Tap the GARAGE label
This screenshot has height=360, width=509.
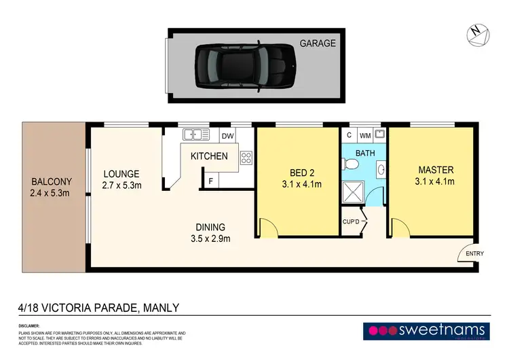coord(318,43)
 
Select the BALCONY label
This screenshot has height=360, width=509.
coord(52,182)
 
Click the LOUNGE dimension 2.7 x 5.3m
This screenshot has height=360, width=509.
coord(121,185)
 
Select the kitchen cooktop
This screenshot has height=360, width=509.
coord(246,158)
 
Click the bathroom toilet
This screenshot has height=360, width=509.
coord(350,165)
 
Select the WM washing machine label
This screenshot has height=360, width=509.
coord(365,135)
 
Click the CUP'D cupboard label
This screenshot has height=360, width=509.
coord(350,221)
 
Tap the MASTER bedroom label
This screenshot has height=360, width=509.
coord(435,169)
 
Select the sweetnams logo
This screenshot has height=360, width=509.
coord(427,331)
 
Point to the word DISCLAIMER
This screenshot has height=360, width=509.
coord(29,326)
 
